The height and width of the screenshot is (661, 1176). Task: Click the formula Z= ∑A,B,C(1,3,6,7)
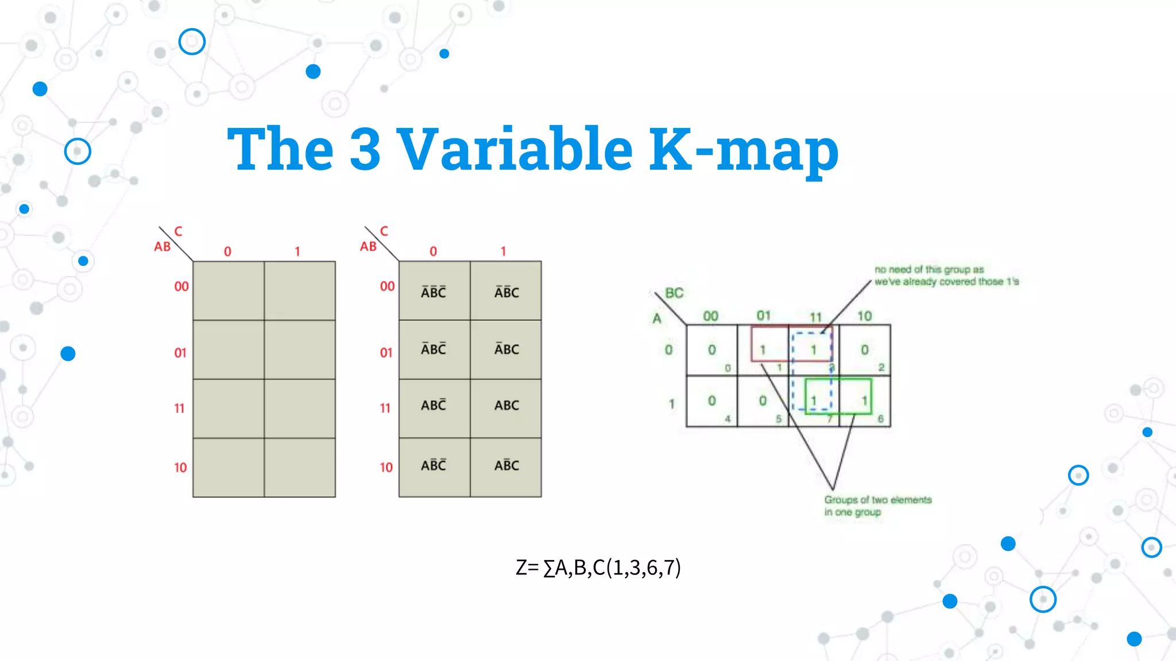coord(598,567)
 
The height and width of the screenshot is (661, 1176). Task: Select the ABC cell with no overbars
coord(506,406)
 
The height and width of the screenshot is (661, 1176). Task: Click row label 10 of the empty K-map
coord(180,468)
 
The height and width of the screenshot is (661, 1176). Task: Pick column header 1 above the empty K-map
coord(297,251)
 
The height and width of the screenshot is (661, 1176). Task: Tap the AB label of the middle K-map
coord(368,247)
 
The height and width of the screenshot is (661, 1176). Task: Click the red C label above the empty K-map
coord(178,231)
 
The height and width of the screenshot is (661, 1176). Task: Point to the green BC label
coord(674,293)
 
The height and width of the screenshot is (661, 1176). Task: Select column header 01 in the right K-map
coord(763,316)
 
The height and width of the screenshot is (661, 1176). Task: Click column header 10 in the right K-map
coord(864,316)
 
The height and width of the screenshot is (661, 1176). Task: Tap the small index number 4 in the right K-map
coord(728,419)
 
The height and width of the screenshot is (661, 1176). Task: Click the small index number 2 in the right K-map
coord(881,367)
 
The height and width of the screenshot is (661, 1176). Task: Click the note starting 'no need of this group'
coord(946,275)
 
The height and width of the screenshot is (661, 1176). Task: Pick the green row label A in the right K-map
coord(657,319)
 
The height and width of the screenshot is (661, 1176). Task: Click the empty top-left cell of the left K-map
coord(229,291)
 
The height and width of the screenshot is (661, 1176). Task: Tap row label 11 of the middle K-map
coord(385,408)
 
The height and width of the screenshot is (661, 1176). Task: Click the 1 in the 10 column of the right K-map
coord(864,401)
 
